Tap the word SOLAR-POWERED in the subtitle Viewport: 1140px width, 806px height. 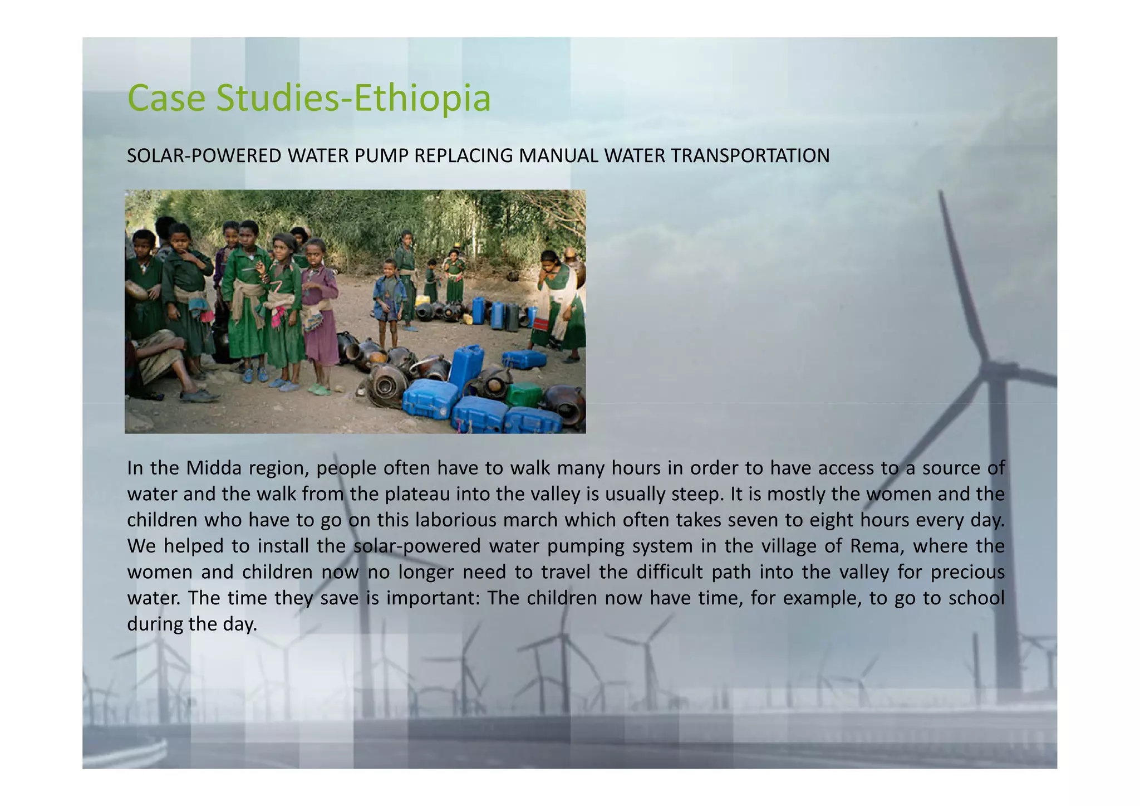pos(204,156)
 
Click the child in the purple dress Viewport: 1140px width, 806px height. pos(319,312)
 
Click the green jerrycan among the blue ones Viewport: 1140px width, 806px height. pos(524,394)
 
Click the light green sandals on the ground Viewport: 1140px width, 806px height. pos(319,388)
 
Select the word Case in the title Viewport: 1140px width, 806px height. pos(167,98)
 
